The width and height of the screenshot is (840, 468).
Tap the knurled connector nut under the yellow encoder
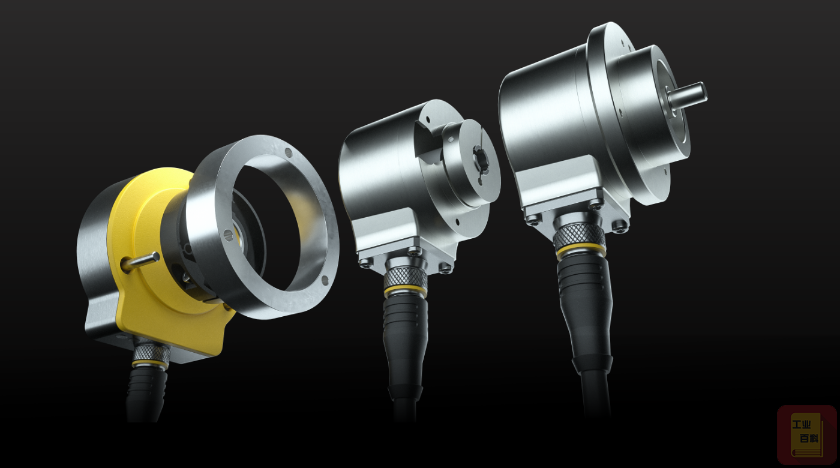pos(151,353)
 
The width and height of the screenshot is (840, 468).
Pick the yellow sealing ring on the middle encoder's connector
pos(406,291)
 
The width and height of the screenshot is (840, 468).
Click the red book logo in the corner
pos(807,434)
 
